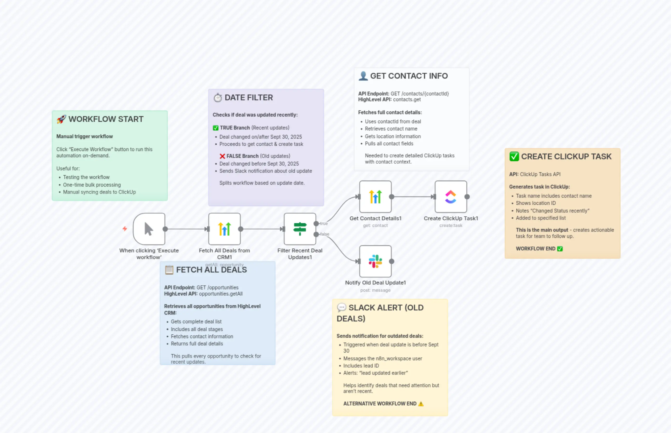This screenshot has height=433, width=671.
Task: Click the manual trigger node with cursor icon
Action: coord(149,229)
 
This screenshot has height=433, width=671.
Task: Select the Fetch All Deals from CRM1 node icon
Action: coord(224,229)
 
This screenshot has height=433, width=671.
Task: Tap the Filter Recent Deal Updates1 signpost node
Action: coord(300,229)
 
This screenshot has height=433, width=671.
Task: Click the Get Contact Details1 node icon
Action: coord(375,197)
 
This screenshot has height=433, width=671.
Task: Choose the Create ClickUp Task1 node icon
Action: coord(451,197)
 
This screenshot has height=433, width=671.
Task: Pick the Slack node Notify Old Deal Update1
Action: coord(375,261)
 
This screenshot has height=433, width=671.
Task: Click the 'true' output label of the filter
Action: coord(324,224)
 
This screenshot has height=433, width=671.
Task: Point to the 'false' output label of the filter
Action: coord(324,234)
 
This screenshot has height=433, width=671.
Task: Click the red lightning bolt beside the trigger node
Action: coord(125,229)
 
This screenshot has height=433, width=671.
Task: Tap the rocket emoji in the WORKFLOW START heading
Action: coord(61,119)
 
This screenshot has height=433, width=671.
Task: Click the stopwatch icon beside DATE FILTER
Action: coord(218,98)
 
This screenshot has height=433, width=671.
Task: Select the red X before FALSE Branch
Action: coord(222,156)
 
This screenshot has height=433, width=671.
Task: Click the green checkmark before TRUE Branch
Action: coord(216,128)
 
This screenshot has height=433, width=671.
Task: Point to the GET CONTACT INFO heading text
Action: coord(409,76)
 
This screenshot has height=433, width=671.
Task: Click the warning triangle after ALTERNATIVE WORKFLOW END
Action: coord(421,404)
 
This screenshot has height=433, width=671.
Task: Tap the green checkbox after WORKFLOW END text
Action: coord(560,249)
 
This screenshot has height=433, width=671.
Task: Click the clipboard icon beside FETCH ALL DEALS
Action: coord(169,270)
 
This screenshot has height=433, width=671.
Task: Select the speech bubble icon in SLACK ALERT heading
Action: coord(342,307)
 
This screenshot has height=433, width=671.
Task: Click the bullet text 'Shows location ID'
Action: coord(536,203)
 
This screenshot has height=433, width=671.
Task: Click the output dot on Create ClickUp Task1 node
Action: coord(467,197)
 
